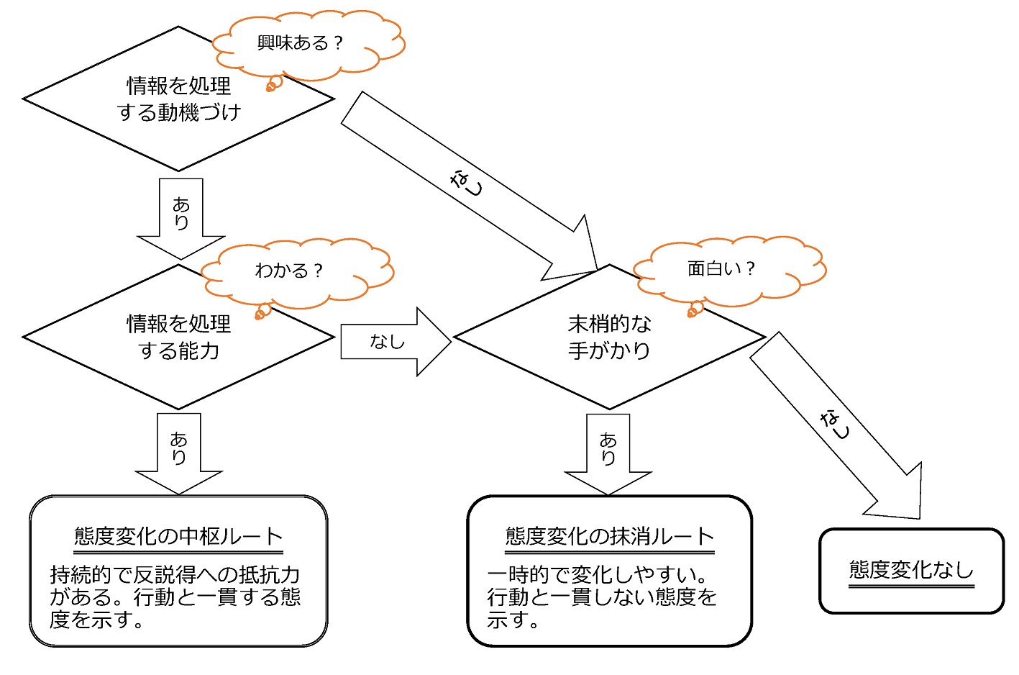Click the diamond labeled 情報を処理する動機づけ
tap(178, 99)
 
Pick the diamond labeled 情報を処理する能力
tap(178, 337)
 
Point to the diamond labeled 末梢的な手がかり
tap(609, 337)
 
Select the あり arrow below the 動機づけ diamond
tap(181, 216)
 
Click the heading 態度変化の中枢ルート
tap(178, 536)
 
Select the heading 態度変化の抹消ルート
tap(609, 536)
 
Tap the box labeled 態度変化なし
tap(911, 571)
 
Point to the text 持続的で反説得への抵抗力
tap(175, 574)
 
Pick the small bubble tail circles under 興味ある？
tap(273, 84)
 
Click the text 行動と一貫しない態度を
tap(602, 597)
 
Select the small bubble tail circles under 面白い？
tap(695, 309)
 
